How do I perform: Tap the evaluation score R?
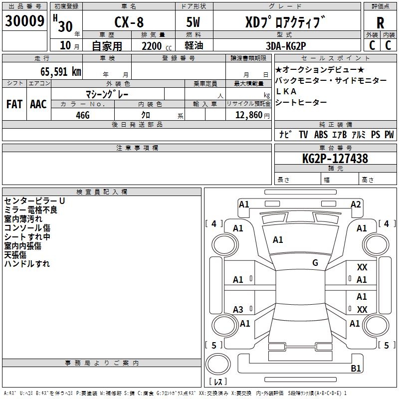click(x=380, y=23)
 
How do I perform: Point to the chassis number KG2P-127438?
click(x=335, y=159)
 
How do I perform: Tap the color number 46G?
click(x=83, y=114)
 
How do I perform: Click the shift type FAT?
click(x=14, y=104)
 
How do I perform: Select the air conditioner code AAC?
click(x=38, y=104)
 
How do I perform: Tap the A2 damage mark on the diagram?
click(x=356, y=204)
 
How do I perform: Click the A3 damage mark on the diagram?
click(x=238, y=310)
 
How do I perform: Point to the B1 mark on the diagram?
click(x=356, y=369)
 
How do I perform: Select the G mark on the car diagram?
click(x=315, y=263)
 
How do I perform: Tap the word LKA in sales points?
click(x=286, y=91)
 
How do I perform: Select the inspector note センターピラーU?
click(x=34, y=200)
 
